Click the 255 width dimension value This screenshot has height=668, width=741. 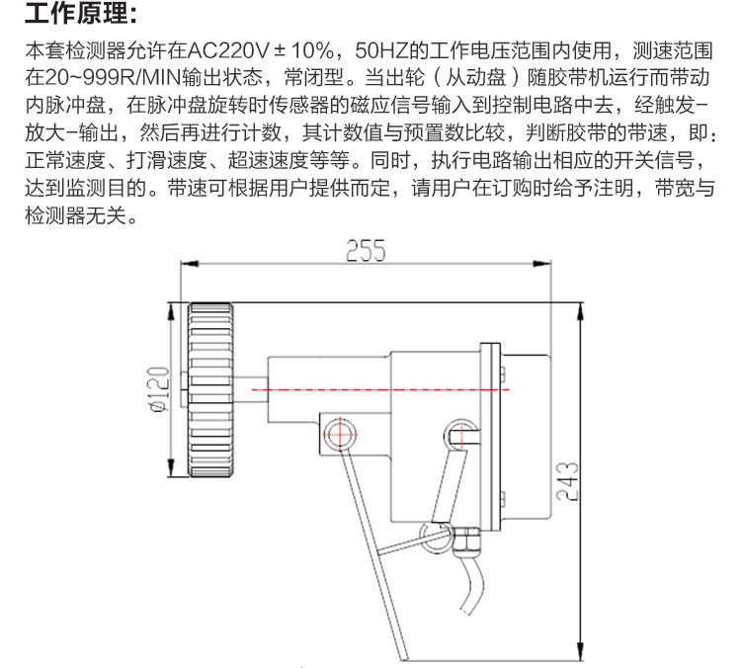365,250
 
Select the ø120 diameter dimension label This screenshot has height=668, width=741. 159,389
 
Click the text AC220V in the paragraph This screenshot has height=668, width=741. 222,49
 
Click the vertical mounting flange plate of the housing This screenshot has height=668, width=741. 488,435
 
